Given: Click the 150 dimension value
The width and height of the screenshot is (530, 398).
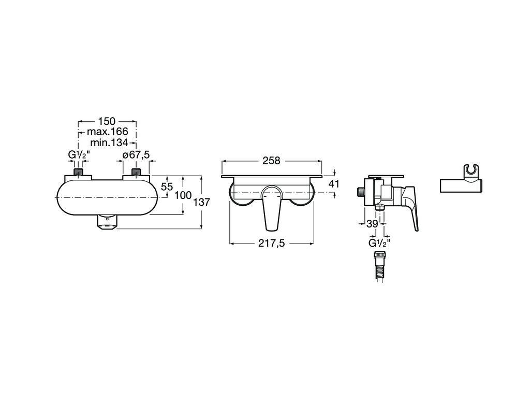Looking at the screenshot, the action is [x=107, y=121].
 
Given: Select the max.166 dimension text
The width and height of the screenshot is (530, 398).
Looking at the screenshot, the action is [x=108, y=132].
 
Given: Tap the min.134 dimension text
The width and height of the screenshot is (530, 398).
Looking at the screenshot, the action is [x=109, y=143].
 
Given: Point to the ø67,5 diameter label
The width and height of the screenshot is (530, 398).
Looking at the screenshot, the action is [x=136, y=155].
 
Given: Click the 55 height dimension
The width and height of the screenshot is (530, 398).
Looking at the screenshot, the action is [x=167, y=187].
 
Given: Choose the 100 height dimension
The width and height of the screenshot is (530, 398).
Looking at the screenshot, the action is [x=183, y=195].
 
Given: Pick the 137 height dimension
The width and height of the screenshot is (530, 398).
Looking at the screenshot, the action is [x=202, y=202].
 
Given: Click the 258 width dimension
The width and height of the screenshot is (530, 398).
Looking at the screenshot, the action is [x=271, y=161].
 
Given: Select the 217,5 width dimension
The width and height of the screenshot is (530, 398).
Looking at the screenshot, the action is [x=271, y=243].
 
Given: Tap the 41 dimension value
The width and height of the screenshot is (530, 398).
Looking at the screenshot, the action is [x=334, y=184].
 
